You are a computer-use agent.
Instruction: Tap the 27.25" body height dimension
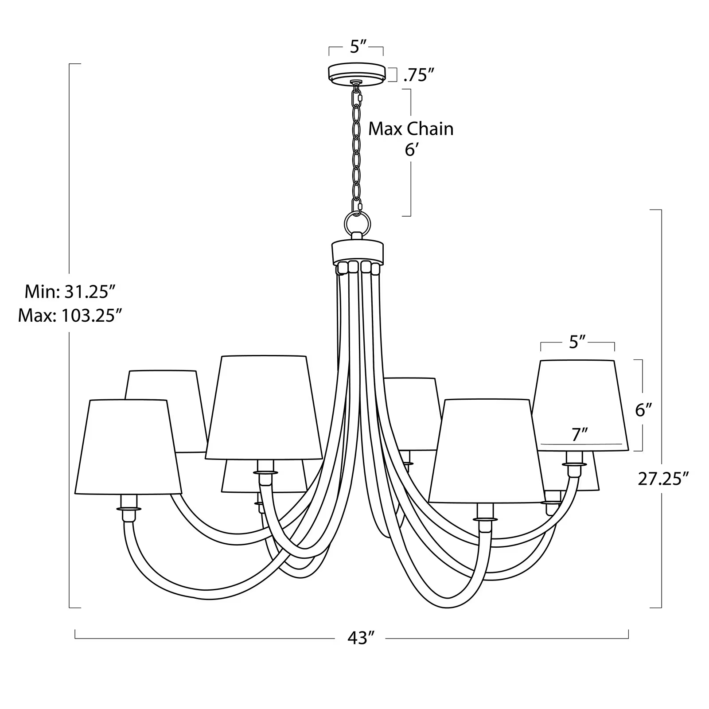[x=663, y=479]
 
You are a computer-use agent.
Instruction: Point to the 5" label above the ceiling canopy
[x=356, y=47]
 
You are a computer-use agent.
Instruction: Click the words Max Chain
[x=411, y=129]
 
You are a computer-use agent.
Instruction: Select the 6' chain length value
[x=411, y=150]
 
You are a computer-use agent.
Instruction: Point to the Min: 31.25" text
[x=70, y=292]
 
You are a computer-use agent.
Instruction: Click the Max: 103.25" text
[x=70, y=316]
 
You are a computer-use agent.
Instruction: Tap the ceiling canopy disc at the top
[x=356, y=73]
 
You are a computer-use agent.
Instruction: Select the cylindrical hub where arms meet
[x=357, y=252]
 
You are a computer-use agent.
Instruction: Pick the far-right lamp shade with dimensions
[x=583, y=405]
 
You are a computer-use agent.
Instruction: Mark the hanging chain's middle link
[x=356, y=146]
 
